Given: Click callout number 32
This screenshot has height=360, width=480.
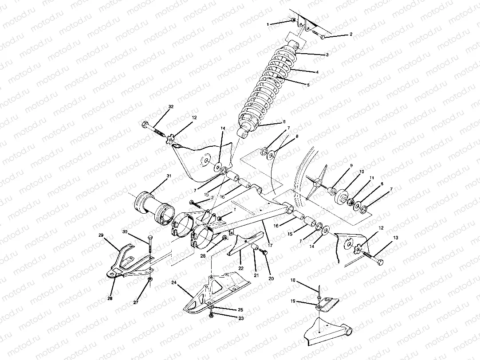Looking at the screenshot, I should click(x=171, y=107).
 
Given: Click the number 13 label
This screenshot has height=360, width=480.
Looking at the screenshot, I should click(x=396, y=238).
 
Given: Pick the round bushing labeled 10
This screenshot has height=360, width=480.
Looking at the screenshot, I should click(x=342, y=197).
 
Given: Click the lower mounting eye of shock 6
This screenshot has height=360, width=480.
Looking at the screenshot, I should click(x=243, y=132).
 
